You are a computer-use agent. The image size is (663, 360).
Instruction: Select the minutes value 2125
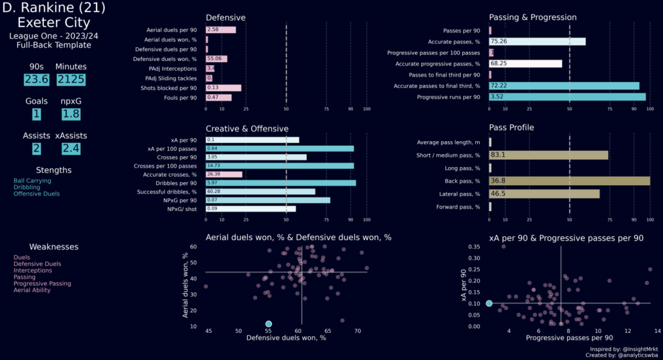[72, 80]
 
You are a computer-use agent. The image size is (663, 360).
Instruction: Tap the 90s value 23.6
[36, 80]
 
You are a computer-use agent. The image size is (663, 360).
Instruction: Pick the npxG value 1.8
[72, 114]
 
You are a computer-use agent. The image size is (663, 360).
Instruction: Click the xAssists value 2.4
[72, 148]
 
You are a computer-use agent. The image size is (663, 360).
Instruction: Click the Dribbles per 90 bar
[280, 183]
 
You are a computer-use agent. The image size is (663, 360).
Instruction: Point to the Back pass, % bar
[569, 181]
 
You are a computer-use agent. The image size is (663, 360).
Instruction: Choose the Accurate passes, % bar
[537, 41]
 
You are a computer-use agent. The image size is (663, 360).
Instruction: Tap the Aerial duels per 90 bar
[220, 30]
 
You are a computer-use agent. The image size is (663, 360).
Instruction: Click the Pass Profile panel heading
[511, 128]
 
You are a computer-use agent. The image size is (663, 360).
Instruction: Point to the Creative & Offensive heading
[247, 129]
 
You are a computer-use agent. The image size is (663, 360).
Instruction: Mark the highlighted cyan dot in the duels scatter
[269, 324]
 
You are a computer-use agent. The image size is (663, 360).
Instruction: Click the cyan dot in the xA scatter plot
[489, 303]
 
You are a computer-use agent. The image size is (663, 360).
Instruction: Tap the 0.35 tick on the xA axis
[475, 247]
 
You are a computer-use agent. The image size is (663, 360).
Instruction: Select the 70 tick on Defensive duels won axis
[357, 331]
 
